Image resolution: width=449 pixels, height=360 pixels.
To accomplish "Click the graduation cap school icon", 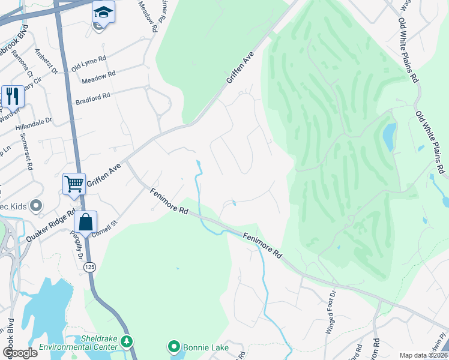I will (x=103, y=12).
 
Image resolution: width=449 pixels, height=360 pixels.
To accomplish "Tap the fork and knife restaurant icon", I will (x=12, y=95).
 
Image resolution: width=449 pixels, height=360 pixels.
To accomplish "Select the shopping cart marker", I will (x=74, y=183).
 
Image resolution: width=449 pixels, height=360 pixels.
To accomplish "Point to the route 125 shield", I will (x=90, y=266).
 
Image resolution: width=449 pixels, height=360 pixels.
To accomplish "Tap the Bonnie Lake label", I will (x=201, y=347).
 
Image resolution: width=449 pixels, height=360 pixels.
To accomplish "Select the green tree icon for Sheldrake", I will (x=126, y=342).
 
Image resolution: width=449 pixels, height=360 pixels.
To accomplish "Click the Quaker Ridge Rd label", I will (x=50, y=226).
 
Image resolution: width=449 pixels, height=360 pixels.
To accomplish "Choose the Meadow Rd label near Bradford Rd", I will (x=98, y=79).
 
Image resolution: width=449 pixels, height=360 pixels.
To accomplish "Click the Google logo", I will (x=19, y=353).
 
